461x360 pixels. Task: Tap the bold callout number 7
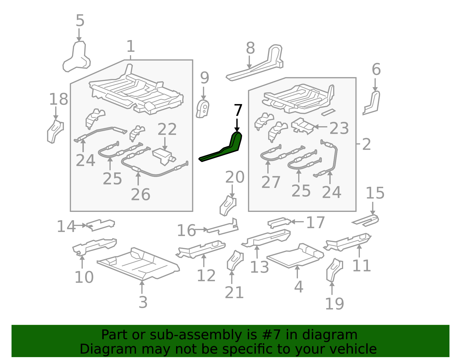238,110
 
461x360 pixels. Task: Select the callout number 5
80,20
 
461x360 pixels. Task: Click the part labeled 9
203,109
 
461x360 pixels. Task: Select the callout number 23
339,128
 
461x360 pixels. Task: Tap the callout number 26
140,194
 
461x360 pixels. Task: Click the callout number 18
58,99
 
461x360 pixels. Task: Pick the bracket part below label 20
228,206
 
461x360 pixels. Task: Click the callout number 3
143,302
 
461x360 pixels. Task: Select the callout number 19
334,304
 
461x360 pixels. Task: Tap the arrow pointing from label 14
80,225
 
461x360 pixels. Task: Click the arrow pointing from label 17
297,222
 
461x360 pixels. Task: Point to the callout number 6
376,69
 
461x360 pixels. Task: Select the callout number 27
271,182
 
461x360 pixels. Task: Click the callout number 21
234,293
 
